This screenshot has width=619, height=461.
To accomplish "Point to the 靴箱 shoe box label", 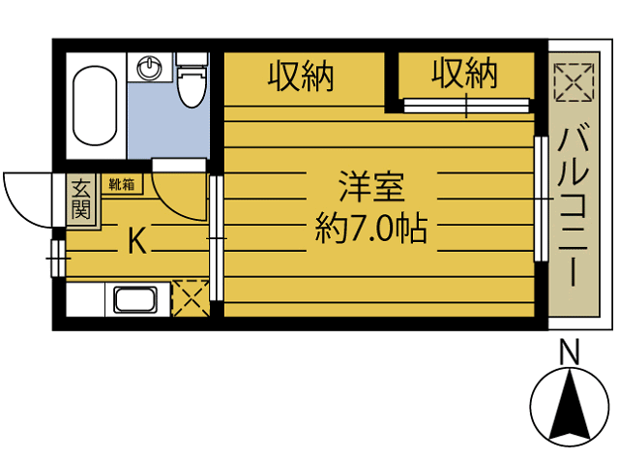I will [x=123, y=182].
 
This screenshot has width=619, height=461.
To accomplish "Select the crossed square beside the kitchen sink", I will [x=190, y=298].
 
